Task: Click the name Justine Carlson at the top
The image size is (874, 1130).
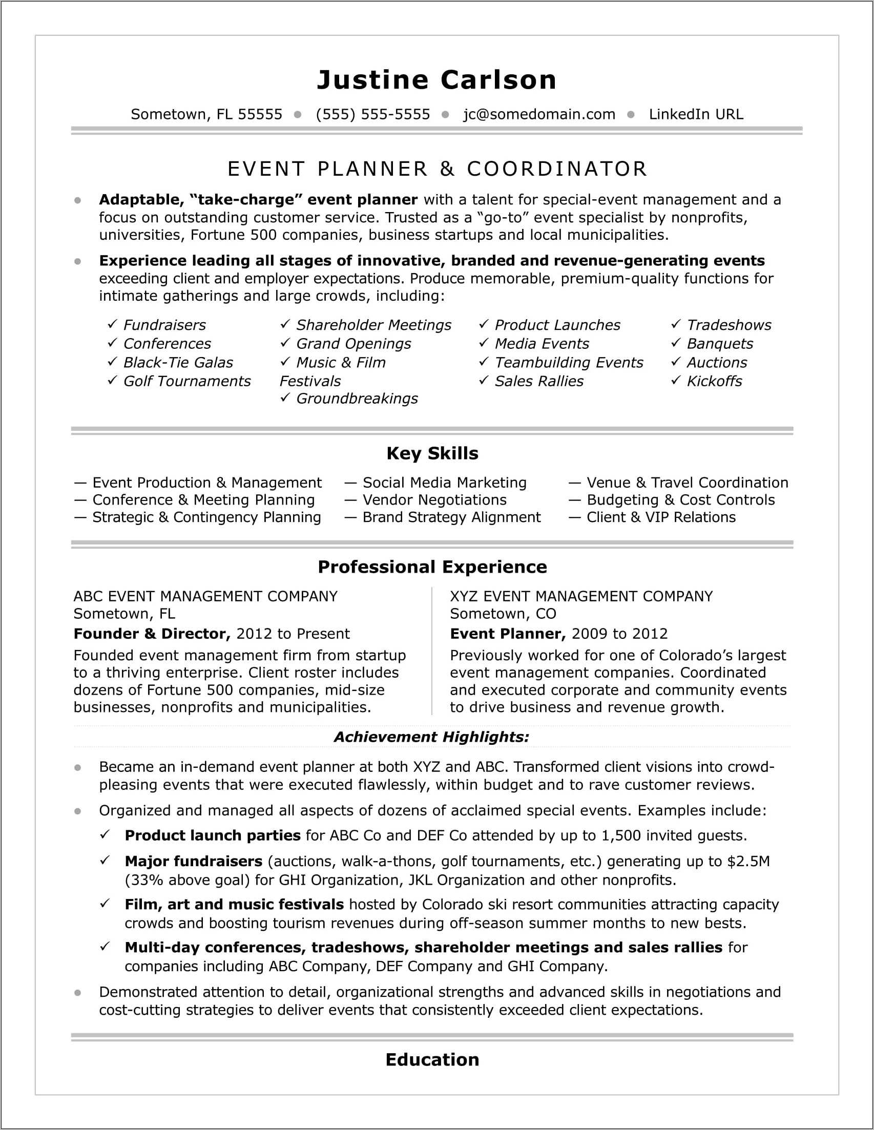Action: (436, 80)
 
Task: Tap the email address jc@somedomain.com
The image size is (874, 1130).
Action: (538, 114)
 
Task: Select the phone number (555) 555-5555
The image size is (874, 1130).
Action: (372, 114)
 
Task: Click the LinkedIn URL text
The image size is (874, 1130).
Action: (696, 114)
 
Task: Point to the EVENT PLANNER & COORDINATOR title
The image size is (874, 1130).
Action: (438, 169)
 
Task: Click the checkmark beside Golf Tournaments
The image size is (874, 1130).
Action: (112, 380)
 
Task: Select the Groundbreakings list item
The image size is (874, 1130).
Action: (357, 399)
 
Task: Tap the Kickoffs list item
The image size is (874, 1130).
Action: (714, 381)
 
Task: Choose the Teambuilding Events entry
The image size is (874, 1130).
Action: (568, 363)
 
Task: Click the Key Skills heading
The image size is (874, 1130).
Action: (432, 453)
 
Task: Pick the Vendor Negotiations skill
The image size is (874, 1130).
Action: (433, 500)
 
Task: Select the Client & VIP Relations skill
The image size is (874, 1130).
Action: (660, 517)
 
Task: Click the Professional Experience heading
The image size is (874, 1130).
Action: (432, 567)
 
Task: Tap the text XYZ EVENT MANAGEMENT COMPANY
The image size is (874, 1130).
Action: (580, 596)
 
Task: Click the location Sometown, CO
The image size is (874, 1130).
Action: (503, 614)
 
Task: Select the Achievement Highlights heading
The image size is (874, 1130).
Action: (431, 737)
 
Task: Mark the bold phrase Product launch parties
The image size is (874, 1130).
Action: (212, 835)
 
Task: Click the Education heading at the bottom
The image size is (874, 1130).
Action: (432, 1060)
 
